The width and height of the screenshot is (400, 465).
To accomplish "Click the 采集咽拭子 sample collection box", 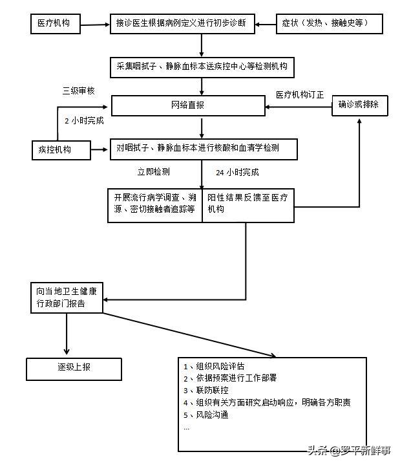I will coord(202,66).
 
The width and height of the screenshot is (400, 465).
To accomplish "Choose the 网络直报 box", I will coord(187,105).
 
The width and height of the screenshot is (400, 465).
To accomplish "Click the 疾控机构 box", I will coord(59,150).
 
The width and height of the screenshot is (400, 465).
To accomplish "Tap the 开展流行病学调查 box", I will coord(155,204).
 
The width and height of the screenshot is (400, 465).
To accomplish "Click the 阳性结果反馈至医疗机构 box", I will coord(249,204).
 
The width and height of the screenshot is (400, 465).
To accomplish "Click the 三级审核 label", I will coord(78,91).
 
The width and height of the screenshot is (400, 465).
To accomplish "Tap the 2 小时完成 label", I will coord(84,120).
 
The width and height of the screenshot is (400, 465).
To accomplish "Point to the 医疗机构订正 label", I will coord(300,94).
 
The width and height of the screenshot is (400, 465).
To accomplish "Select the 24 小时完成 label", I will coord(237,173).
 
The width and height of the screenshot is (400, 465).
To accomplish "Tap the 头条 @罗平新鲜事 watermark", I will coord(348,451).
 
